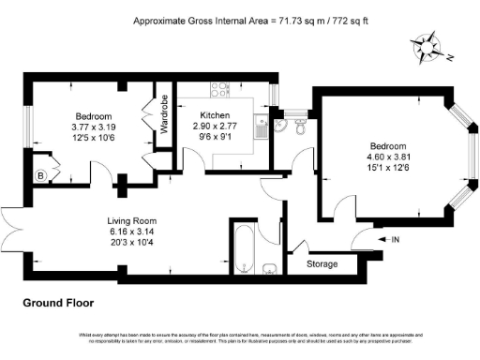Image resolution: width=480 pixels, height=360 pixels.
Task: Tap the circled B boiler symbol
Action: coord(40,174)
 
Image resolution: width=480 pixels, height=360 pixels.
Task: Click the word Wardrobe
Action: coord(164,113)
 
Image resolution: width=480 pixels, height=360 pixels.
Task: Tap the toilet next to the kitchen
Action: coord(298,132)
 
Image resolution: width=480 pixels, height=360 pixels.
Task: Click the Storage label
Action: coord(322,265)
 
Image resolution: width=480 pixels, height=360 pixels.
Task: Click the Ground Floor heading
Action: coord(57,303)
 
